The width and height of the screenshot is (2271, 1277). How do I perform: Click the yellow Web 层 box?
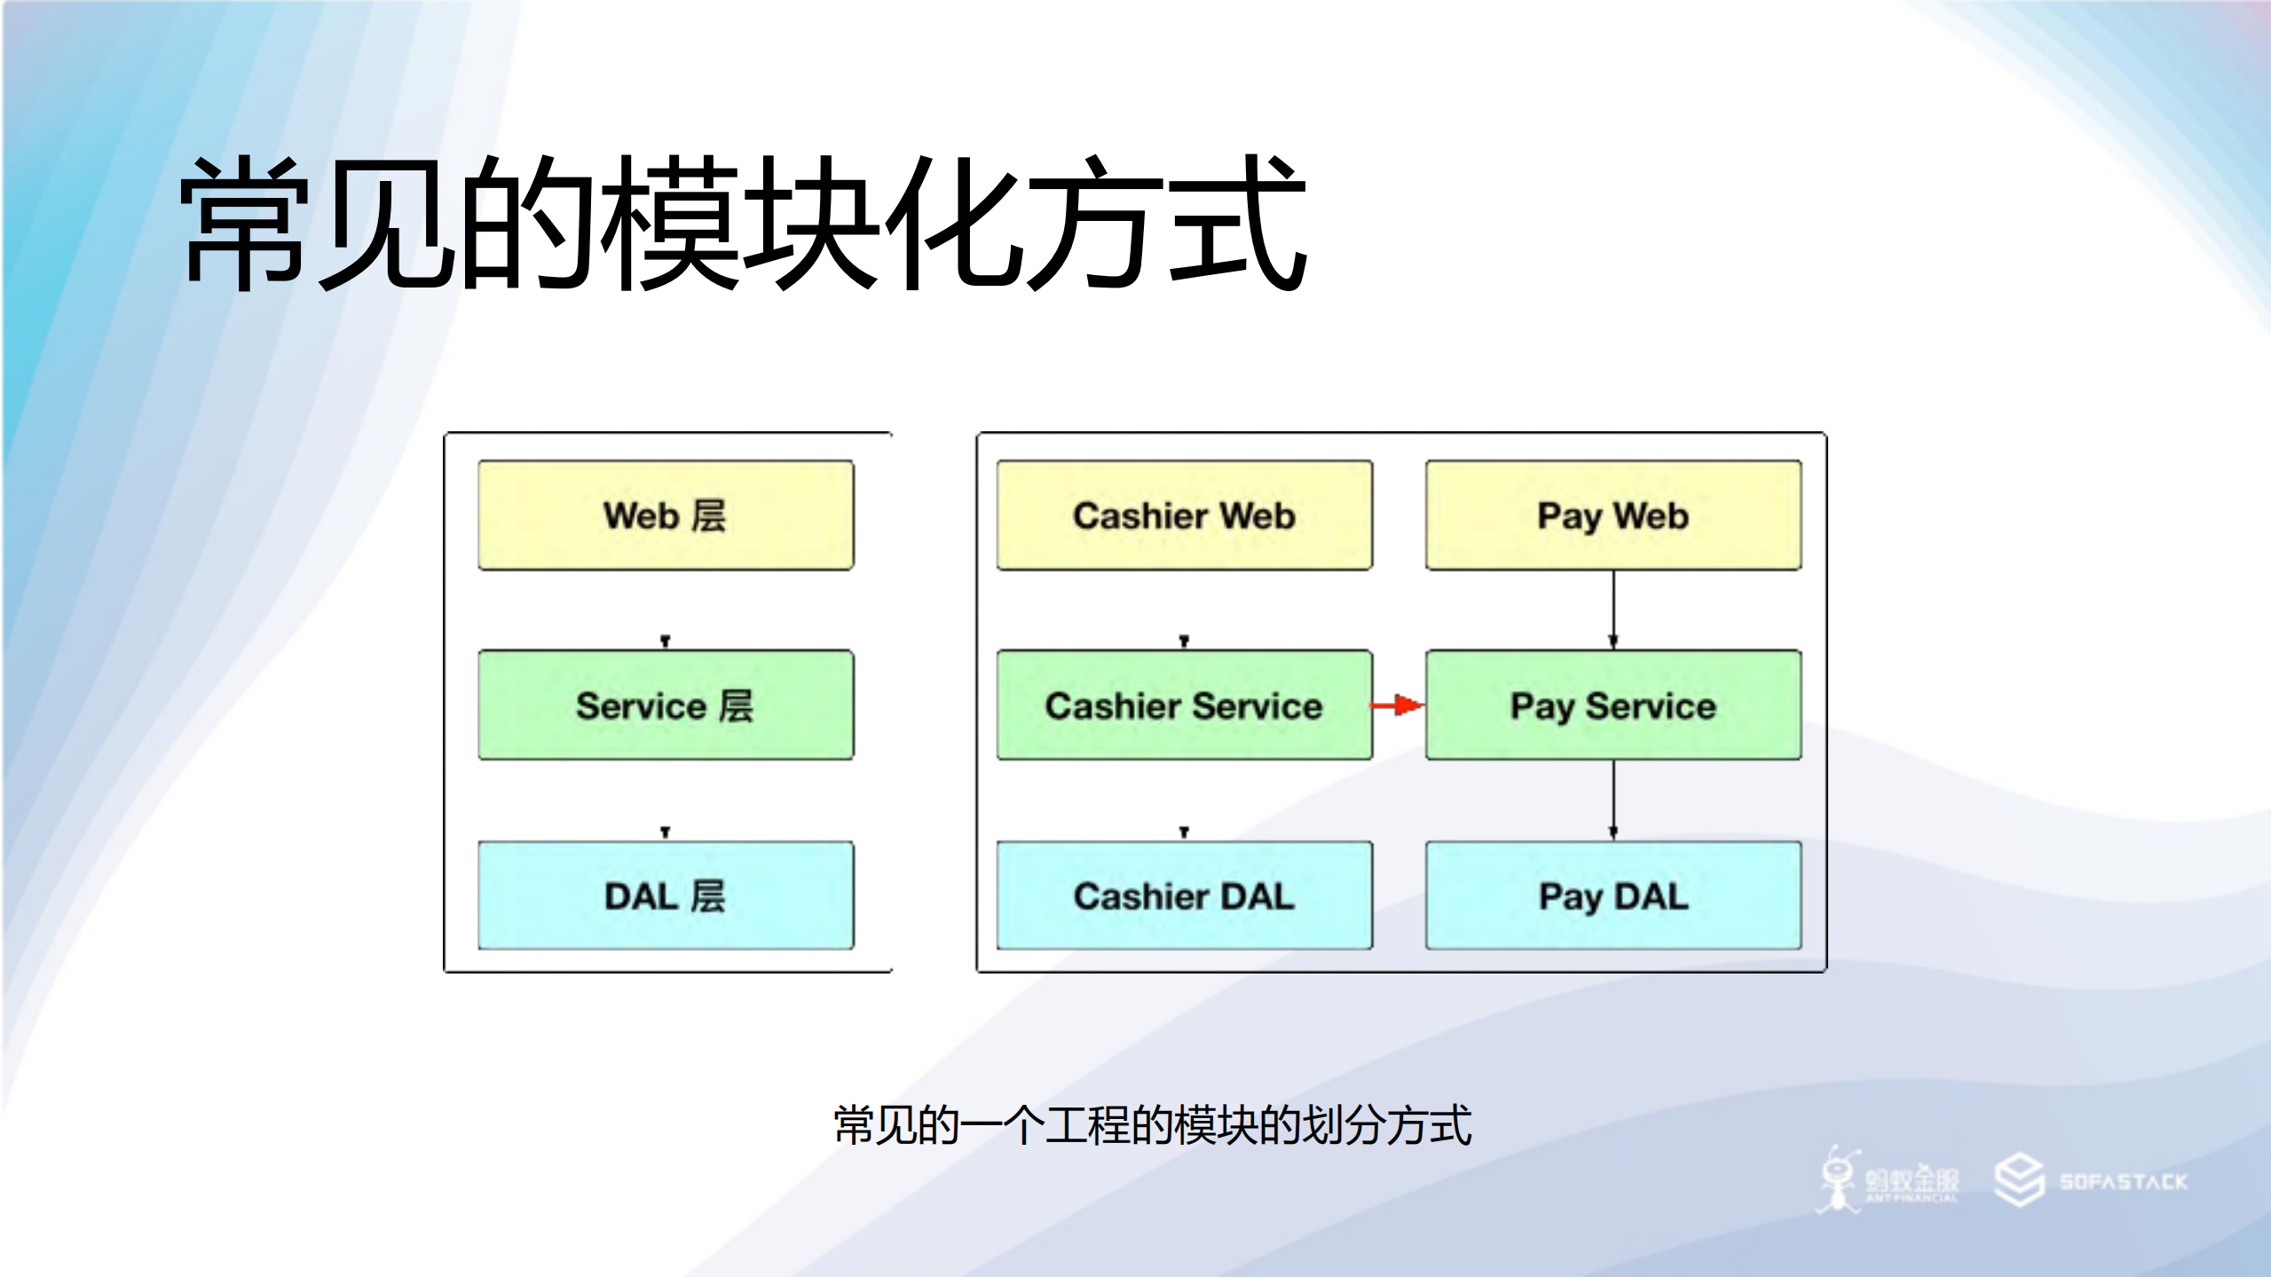tap(666, 516)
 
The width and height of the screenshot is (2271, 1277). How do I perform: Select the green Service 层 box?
tap(666, 706)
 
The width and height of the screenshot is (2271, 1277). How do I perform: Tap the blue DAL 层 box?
tap(666, 895)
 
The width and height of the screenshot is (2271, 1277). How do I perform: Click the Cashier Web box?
tap(1184, 516)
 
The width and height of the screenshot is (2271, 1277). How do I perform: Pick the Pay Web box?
tap(1613, 516)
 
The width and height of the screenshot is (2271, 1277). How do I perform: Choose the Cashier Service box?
tap(1184, 706)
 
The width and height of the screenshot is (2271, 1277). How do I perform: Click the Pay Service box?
tap(1613, 706)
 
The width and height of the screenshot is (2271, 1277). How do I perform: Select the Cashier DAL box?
tap(1184, 895)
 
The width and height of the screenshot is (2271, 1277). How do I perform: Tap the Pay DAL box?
tap(1613, 895)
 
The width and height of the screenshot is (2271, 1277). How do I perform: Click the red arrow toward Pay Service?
tap(1399, 706)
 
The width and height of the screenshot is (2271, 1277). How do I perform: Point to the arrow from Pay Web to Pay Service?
tap(1613, 610)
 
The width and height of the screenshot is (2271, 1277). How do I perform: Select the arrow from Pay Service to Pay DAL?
tap(1613, 800)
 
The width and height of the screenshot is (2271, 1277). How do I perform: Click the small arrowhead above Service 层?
tap(666, 641)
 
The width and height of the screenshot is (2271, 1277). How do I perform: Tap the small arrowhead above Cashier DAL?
tap(1184, 832)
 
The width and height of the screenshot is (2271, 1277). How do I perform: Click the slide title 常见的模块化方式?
tap(744, 224)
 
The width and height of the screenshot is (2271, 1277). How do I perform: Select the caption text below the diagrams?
tap(1153, 1125)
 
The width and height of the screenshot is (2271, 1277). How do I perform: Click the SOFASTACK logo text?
tap(2124, 1181)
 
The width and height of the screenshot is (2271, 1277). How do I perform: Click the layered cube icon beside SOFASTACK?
tap(2019, 1180)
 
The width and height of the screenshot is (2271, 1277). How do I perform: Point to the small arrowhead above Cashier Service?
tap(1184, 641)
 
